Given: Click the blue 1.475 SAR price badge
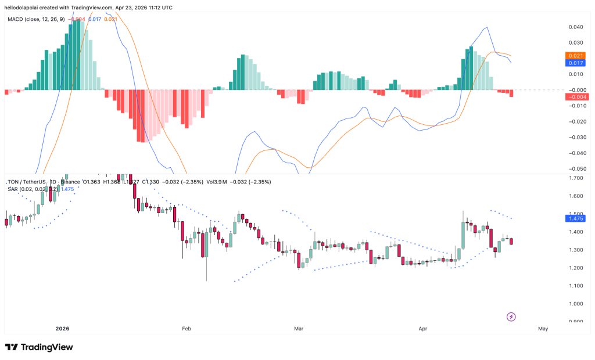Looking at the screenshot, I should [574, 218].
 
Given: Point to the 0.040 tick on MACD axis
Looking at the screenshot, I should [575, 27].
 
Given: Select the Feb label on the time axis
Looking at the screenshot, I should [187, 329].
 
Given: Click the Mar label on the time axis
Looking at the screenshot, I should [299, 329].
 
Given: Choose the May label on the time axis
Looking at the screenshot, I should [543, 329].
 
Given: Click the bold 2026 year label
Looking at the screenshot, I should [62, 329].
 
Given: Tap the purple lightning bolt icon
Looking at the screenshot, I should [511, 316].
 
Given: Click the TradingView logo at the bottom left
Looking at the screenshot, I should [40, 347].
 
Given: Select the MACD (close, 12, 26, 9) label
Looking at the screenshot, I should [35, 19].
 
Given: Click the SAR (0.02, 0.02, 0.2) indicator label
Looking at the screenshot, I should [32, 189].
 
